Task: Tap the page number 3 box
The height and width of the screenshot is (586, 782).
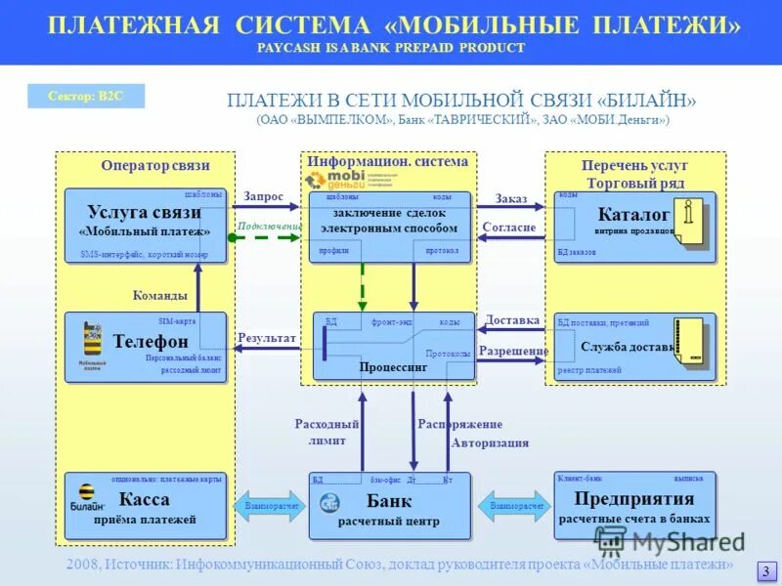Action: (766, 571)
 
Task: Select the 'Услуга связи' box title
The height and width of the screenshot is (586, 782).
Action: (144, 212)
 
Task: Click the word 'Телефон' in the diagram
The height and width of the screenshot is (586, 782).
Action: (151, 342)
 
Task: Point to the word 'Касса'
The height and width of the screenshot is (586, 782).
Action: (145, 500)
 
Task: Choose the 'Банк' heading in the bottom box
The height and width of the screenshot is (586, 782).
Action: (389, 501)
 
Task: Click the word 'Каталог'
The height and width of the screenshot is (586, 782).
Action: (633, 213)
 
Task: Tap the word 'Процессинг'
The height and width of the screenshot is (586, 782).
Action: (393, 367)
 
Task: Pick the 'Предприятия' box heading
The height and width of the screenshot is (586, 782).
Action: (633, 500)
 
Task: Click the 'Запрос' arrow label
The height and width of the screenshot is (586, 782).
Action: (263, 197)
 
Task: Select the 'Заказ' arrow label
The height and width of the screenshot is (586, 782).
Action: (511, 198)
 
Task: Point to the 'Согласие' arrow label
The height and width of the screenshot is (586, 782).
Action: (509, 228)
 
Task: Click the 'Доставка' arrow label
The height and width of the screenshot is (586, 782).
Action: (512, 319)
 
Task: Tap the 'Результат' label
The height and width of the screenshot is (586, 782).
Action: (267, 338)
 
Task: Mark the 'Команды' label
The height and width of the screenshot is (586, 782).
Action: (159, 295)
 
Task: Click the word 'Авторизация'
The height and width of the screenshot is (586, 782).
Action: (490, 442)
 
